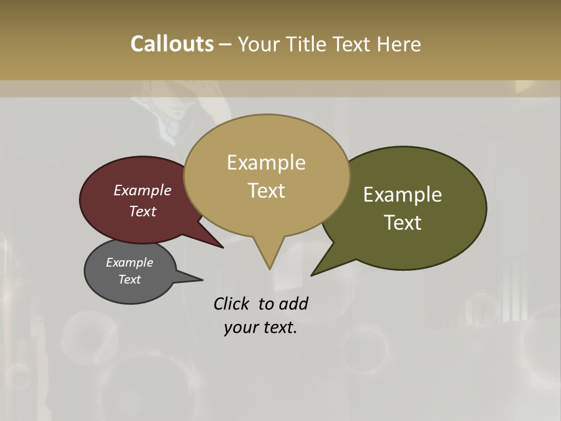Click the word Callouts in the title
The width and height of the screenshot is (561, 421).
pos(172,44)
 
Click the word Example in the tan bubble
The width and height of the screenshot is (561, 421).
pos(266,163)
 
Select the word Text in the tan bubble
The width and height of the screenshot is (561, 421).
pos(266,191)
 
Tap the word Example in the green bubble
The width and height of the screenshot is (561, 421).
pos(403,195)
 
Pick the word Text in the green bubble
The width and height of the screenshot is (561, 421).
pos(403,223)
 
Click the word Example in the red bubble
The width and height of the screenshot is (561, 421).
pos(142,190)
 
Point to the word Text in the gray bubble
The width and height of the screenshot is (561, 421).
pos(129,279)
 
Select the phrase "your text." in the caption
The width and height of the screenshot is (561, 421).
pos(261,328)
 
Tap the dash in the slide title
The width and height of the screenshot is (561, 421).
pos(226,44)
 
